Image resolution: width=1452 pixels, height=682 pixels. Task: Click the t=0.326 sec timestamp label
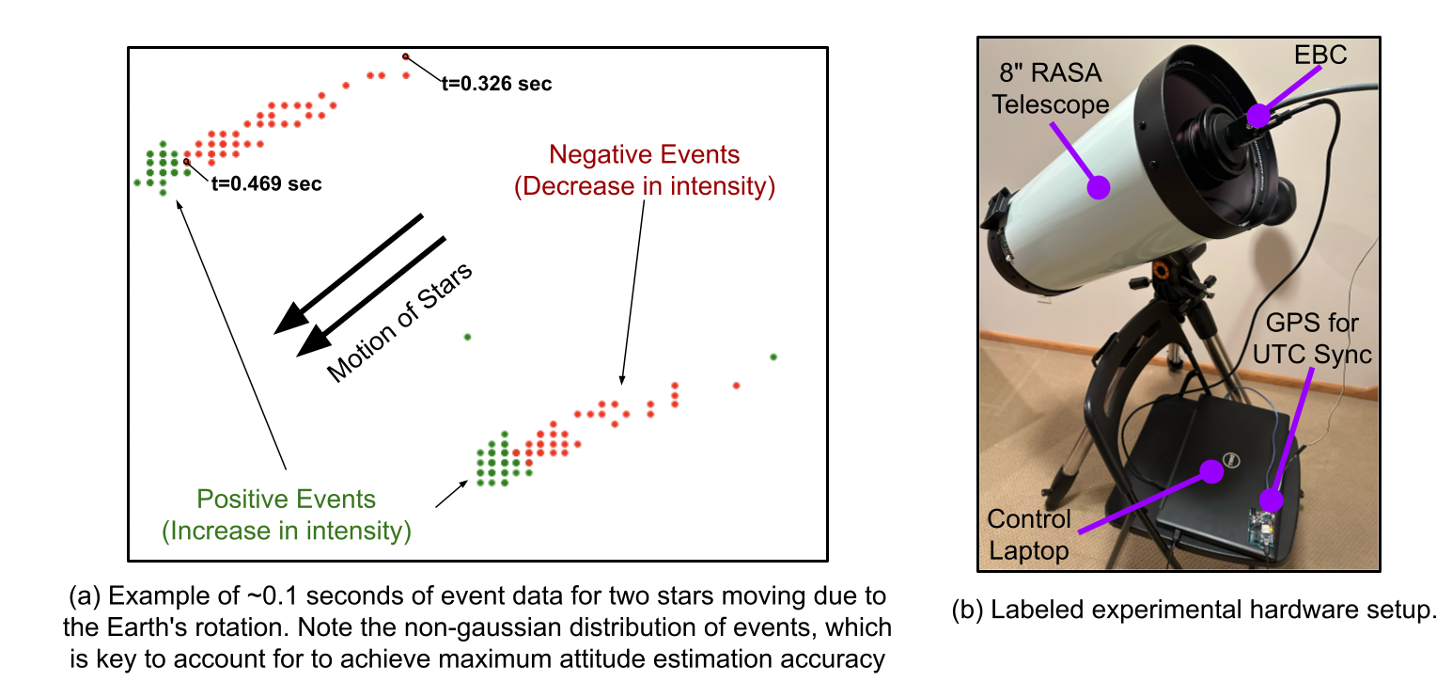click(x=496, y=84)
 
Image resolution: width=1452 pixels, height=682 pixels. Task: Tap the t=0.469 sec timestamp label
click(x=266, y=184)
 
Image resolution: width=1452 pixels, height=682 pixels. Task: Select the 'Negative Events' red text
click(x=645, y=154)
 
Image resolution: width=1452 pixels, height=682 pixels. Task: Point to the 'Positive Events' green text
click(x=286, y=500)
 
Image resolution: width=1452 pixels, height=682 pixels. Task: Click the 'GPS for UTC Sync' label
click(x=1317, y=340)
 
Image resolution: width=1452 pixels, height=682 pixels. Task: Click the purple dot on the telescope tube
click(x=1098, y=187)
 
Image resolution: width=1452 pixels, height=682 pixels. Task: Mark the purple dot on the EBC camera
click(x=1257, y=116)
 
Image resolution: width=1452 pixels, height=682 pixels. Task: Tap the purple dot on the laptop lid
click(x=1212, y=473)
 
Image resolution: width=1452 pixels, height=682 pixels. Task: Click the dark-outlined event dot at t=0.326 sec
click(x=406, y=56)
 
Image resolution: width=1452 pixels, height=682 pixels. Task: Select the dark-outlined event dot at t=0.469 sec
click(x=187, y=162)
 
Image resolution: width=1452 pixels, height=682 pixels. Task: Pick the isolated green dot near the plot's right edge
click(x=773, y=357)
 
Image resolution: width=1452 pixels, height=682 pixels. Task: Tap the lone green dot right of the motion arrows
click(x=467, y=337)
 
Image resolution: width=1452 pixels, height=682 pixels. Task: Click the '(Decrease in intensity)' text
click(x=645, y=186)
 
